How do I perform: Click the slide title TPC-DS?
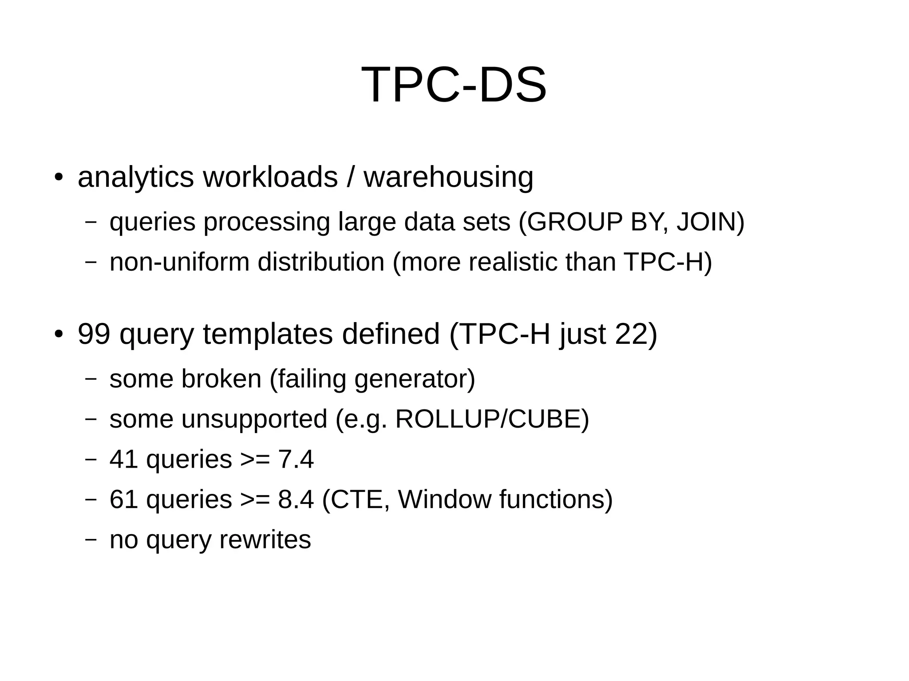454,85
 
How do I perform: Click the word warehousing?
448,177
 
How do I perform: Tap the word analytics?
135,177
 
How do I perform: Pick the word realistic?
513,262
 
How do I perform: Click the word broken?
221,379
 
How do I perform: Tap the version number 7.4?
296,459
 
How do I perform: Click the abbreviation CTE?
359,499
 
